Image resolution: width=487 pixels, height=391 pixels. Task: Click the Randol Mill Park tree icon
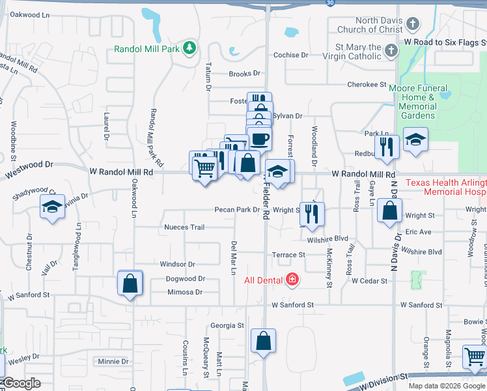point(189,48)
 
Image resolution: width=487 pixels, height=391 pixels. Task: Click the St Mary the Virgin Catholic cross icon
point(391,51)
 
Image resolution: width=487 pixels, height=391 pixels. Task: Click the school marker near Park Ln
point(415,139)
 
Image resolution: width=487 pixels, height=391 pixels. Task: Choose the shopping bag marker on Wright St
point(389,211)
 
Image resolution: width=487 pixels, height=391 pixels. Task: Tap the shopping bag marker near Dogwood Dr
point(130,283)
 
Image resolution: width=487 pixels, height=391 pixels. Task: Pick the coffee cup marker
point(259,138)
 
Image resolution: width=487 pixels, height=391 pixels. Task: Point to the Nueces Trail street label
point(185,227)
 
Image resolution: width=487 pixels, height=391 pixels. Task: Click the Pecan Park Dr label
point(238,210)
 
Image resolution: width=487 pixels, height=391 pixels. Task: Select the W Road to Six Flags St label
point(445,41)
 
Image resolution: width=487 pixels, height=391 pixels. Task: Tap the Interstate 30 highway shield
point(331,3)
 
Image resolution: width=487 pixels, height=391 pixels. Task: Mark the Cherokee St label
point(367,85)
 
